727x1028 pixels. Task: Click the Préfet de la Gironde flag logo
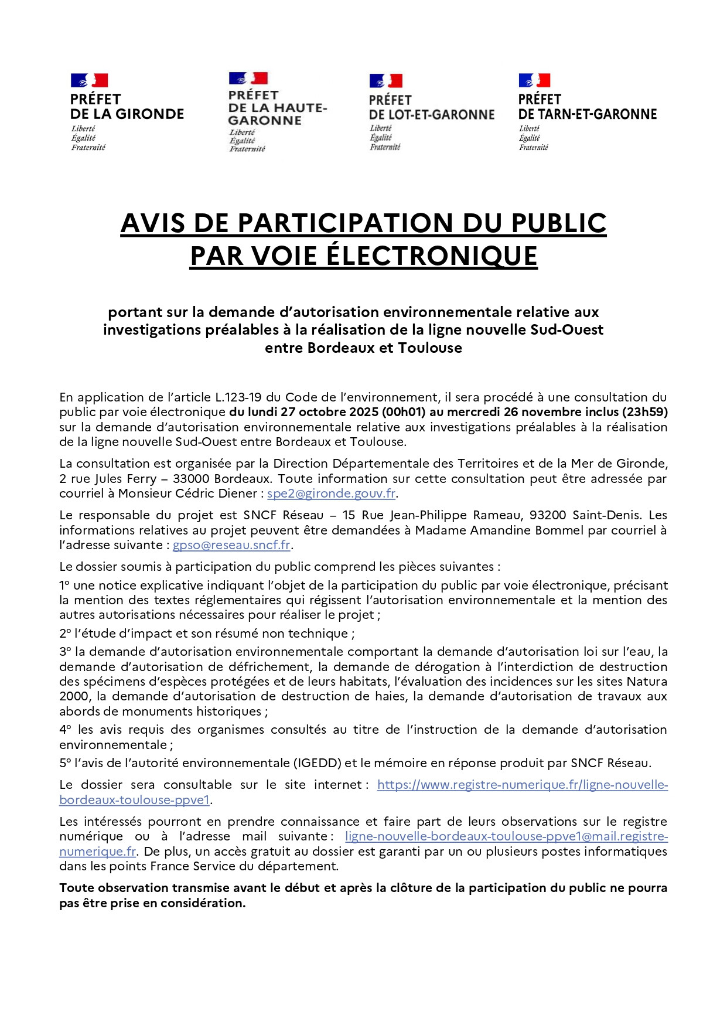tap(89, 80)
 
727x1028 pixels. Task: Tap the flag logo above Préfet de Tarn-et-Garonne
tap(534, 80)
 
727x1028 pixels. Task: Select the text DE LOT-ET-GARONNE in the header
tap(432, 115)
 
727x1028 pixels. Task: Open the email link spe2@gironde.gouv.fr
tap(331, 493)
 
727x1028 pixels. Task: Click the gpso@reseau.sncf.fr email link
tap(231, 545)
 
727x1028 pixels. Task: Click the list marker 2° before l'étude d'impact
tap(64, 634)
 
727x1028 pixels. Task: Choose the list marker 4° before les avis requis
tap(65, 730)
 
